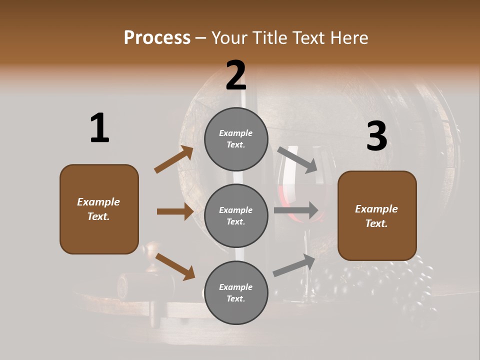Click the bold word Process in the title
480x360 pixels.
157,38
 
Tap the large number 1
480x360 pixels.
99,128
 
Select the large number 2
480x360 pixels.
236,75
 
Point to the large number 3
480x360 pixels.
376,136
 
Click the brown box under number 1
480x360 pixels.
99,209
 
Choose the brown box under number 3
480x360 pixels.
377,215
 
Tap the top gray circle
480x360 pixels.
236,139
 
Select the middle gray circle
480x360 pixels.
236,215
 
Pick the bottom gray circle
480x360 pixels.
236,292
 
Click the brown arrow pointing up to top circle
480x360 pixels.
174,159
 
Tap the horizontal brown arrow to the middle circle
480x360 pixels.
175,211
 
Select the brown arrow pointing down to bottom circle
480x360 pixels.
175,266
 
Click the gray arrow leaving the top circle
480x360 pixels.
296,159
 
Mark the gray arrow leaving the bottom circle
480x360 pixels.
294,265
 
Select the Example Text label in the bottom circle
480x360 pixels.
236,292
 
